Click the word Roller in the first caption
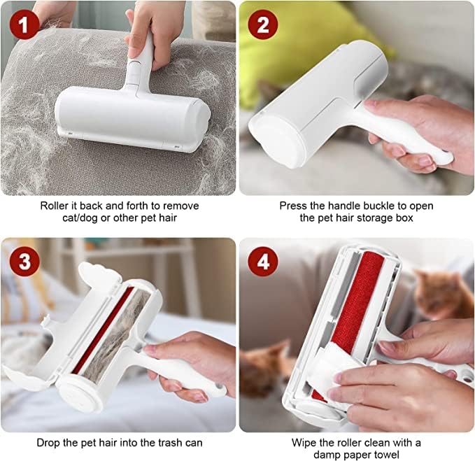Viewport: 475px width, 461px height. pyautogui.click(x=55, y=206)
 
